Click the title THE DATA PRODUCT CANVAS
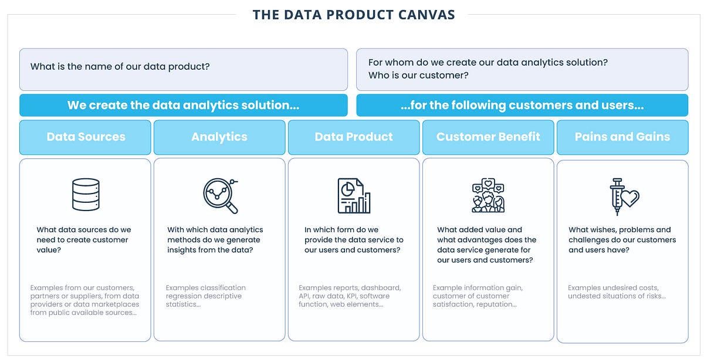pyautogui.click(x=354, y=15)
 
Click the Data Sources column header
pyautogui.click(x=86, y=137)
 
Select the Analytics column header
pyautogui.click(x=219, y=137)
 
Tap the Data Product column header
pyautogui.click(x=354, y=137)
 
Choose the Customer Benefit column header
pyautogui.click(x=488, y=137)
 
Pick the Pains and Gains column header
pyautogui.click(x=622, y=137)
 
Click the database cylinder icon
pyautogui.click(x=86, y=195)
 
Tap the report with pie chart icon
pyautogui.click(x=354, y=195)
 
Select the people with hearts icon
pyautogui.click(x=488, y=195)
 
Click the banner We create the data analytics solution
pyautogui.click(x=183, y=106)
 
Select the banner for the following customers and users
pyautogui.click(x=522, y=106)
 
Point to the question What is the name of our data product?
pyautogui.click(x=120, y=66)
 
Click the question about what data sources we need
pyautogui.click(x=84, y=239)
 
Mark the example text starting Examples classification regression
pyautogui.click(x=205, y=296)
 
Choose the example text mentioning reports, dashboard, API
pyautogui.click(x=350, y=296)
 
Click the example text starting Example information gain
pyautogui.click(x=478, y=296)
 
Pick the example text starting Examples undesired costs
pyautogui.click(x=617, y=292)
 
